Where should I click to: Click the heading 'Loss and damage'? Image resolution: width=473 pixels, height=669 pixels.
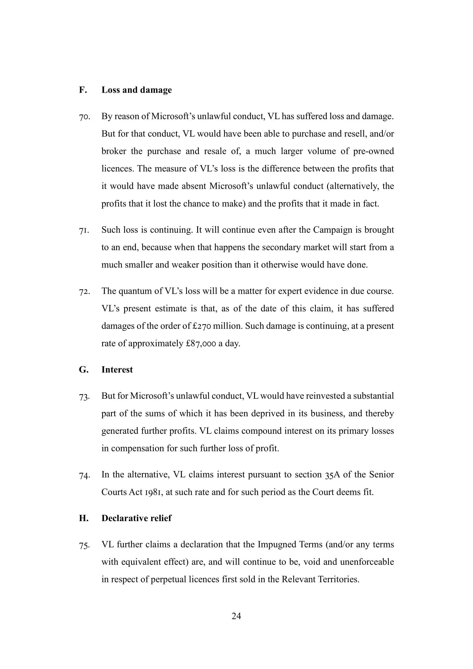136,90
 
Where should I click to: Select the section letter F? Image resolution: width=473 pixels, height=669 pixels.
83,90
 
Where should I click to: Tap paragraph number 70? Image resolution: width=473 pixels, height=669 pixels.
84,117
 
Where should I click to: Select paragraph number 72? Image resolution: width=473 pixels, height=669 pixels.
84,292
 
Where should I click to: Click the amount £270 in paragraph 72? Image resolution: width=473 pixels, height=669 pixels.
202,326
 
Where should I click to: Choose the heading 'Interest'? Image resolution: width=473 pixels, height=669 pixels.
117,370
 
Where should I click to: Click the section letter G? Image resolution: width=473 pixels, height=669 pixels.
83,370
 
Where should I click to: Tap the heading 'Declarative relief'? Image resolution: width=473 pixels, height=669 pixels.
136,518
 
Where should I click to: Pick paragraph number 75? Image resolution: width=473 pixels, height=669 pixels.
84,545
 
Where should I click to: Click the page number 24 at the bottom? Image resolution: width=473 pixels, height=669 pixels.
236,616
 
